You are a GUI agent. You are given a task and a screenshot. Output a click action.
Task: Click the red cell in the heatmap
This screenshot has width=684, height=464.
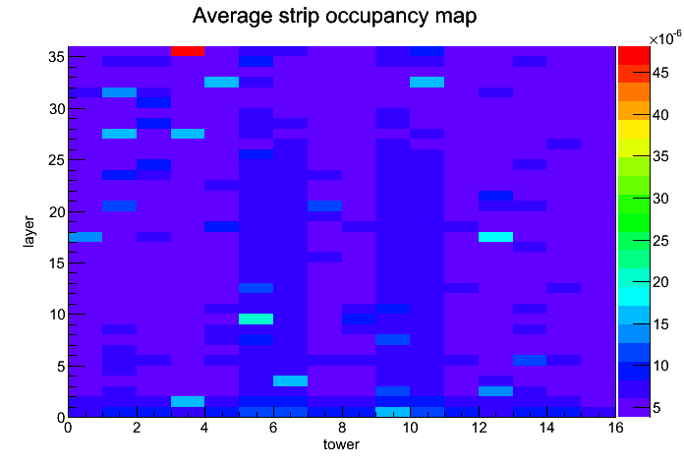coord(188,51)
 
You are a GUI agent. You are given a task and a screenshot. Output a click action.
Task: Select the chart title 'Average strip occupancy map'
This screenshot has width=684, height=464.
coord(334,16)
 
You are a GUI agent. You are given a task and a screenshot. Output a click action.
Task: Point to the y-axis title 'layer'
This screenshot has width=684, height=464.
coord(28,231)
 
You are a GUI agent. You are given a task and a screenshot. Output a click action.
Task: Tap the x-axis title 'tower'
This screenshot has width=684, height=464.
coord(341,444)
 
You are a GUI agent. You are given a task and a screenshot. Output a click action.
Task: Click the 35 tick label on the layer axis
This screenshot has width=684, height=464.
coord(57,57)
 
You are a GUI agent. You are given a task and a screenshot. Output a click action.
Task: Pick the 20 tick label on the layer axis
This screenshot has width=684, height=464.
coord(57,211)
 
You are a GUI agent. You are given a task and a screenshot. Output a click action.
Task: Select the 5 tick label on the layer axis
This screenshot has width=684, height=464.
coord(61,367)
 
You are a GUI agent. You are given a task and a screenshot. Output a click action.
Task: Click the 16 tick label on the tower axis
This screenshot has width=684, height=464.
coord(615,428)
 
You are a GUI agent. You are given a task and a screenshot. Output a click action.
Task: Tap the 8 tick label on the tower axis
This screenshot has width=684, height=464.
coord(342,428)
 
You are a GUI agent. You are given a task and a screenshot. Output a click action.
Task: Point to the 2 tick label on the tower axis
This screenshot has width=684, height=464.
coord(137,428)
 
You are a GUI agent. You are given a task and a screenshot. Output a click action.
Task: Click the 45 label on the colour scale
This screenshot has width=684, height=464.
coord(660,73)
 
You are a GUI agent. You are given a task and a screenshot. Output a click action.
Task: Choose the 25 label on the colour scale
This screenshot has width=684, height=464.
coord(660,241)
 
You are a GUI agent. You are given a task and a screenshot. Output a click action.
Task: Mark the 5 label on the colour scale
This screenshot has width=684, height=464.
coord(656,408)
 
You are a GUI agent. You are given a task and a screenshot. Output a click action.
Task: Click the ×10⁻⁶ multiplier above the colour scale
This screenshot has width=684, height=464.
coord(664,38)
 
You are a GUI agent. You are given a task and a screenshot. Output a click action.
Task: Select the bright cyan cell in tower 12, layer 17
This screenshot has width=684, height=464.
coord(495,237)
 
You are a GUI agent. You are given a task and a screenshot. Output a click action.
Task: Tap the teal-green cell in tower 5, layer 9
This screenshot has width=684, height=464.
coord(256,319)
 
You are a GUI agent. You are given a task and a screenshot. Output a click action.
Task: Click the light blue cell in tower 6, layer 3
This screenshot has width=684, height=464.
coord(291,381)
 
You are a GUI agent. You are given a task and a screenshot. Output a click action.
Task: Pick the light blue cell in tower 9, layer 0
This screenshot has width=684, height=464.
coord(393,412)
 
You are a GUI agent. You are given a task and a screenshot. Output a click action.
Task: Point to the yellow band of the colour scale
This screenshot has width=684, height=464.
coord(634,130)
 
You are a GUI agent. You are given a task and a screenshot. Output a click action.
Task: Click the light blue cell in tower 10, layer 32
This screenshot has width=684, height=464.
coord(427,82)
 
